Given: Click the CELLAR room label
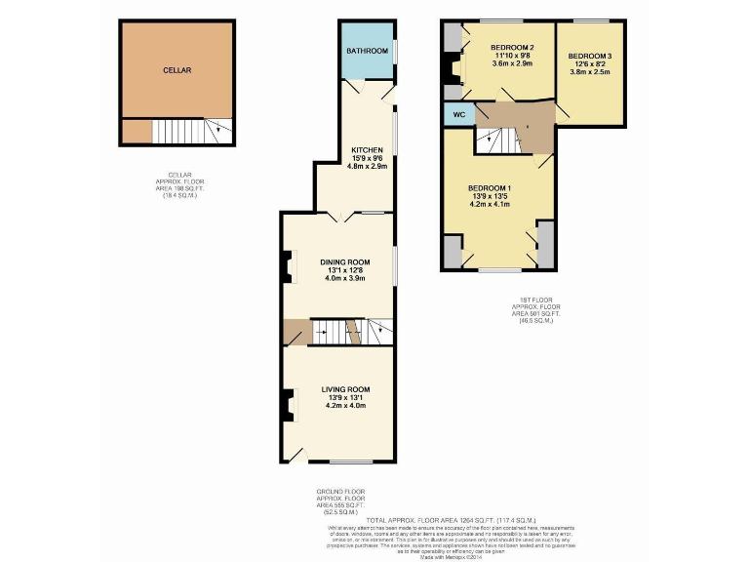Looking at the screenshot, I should [x=177, y=70].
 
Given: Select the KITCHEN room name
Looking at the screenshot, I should [x=368, y=149].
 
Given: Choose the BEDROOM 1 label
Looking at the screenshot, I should [x=491, y=187].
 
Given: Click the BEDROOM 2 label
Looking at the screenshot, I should [x=512, y=48].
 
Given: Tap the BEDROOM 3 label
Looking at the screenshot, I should [x=590, y=56].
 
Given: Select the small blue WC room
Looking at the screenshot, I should [x=456, y=115].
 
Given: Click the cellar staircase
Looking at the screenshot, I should [x=185, y=132].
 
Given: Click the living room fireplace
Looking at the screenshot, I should [x=288, y=404].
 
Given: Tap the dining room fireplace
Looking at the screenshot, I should [x=288, y=266].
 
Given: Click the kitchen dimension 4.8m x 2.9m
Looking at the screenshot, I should [x=368, y=167].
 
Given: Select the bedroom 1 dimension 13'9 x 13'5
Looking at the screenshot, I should [x=491, y=196].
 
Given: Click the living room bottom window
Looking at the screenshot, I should [x=346, y=461].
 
